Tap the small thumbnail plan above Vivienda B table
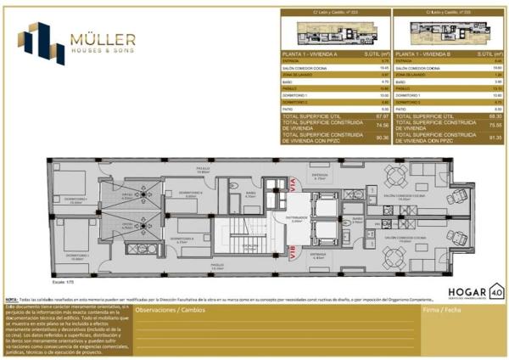coord(426,33)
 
